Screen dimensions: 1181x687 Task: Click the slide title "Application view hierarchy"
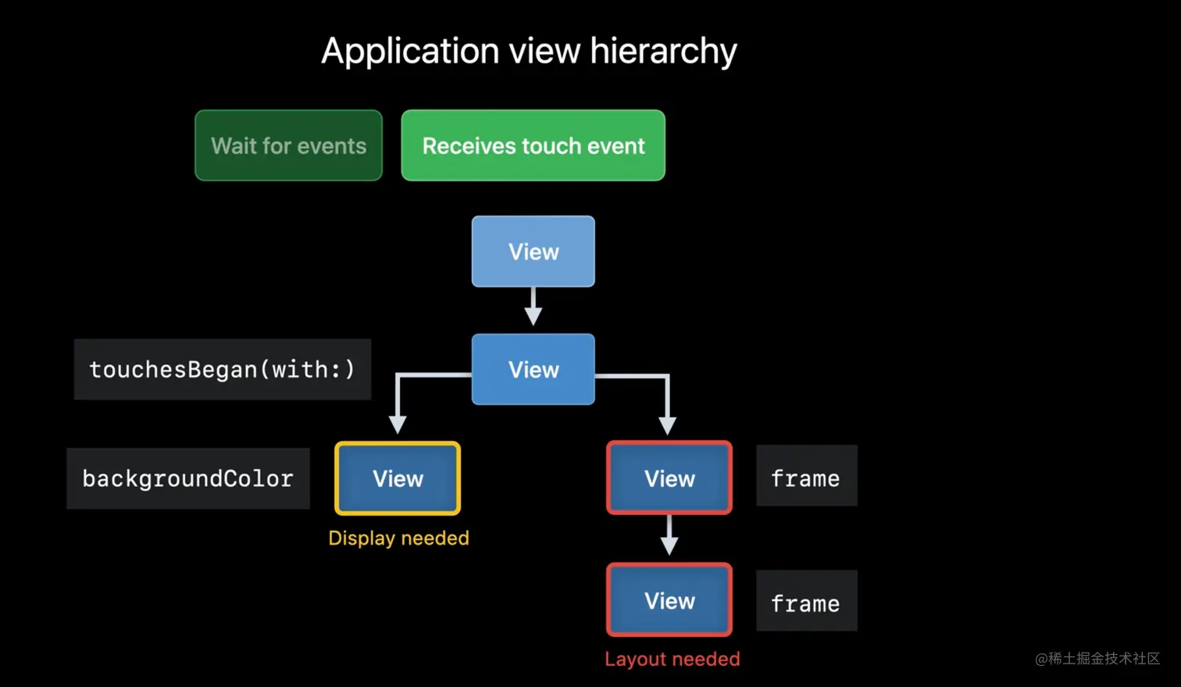coord(529,52)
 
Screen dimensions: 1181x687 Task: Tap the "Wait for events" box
coord(288,145)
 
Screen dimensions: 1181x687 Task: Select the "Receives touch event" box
coord(533,145)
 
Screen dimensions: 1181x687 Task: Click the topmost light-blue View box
coord(533,251)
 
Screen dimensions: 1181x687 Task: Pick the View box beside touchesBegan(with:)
coord(533,370)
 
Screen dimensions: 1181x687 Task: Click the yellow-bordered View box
coord(398,478)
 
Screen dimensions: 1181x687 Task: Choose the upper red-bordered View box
coord(669,478)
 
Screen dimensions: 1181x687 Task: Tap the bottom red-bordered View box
coord(669,599)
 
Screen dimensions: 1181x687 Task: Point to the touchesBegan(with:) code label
coord(223,370)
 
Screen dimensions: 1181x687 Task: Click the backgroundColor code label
coord(188,478)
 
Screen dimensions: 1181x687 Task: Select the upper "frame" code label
coord(807,476)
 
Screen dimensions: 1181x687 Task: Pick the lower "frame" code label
coord(807,601)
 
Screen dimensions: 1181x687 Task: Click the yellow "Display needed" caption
coord(398,539)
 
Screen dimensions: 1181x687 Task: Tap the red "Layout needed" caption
coord(673,659)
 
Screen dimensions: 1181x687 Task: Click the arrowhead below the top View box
coord(533,317)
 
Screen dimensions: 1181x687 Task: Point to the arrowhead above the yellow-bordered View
coord(398,424)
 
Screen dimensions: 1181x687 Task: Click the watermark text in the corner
coord(1097,659)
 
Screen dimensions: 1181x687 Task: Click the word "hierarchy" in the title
coord(663,52)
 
